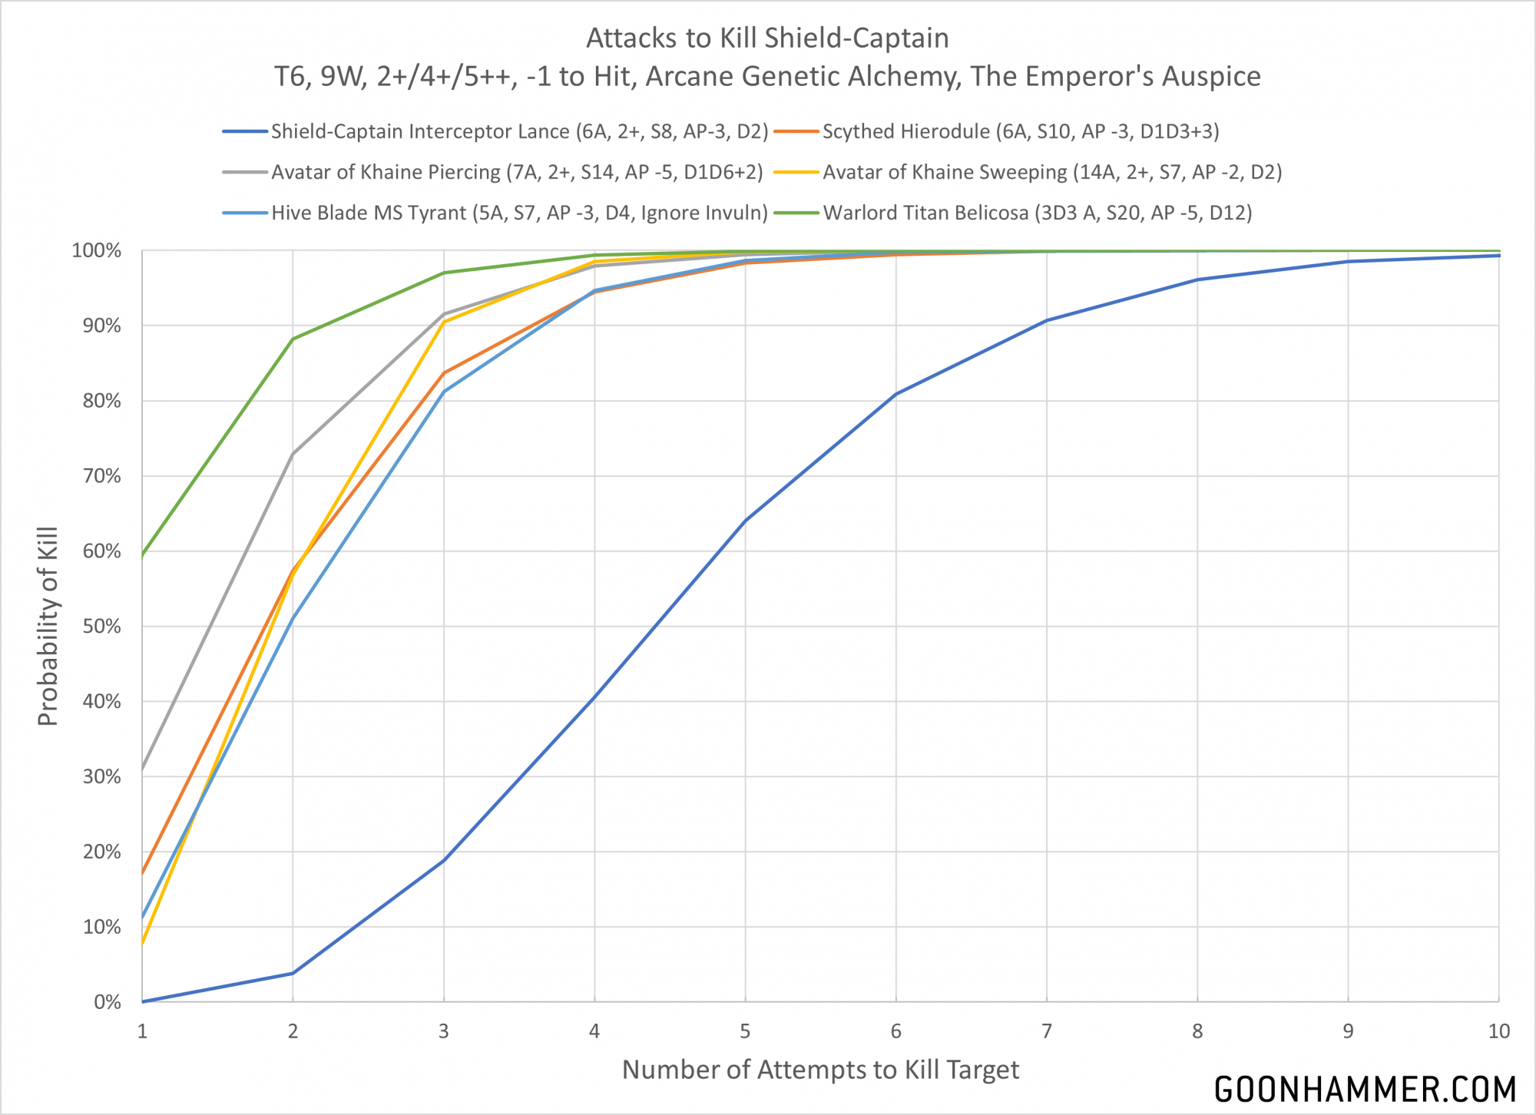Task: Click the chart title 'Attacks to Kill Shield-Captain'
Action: point(767,38)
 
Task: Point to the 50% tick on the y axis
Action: point(102,627)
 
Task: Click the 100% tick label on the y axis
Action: point(97,251)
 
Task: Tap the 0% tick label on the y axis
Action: point(108,1002)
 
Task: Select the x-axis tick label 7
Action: point(1047,1031)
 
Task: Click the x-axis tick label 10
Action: point(1498,1031)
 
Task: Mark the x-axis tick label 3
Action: point(444,1031)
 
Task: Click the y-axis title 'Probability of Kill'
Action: point(48,627)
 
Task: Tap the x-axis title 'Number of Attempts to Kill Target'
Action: point(820,1070)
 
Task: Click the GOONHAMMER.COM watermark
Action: point(1365,1090)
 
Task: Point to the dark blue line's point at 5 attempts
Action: point(745,521)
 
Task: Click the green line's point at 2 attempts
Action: point(293,339)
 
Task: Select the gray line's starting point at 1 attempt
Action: point(143,769)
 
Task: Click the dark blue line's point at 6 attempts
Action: point(896,394)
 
